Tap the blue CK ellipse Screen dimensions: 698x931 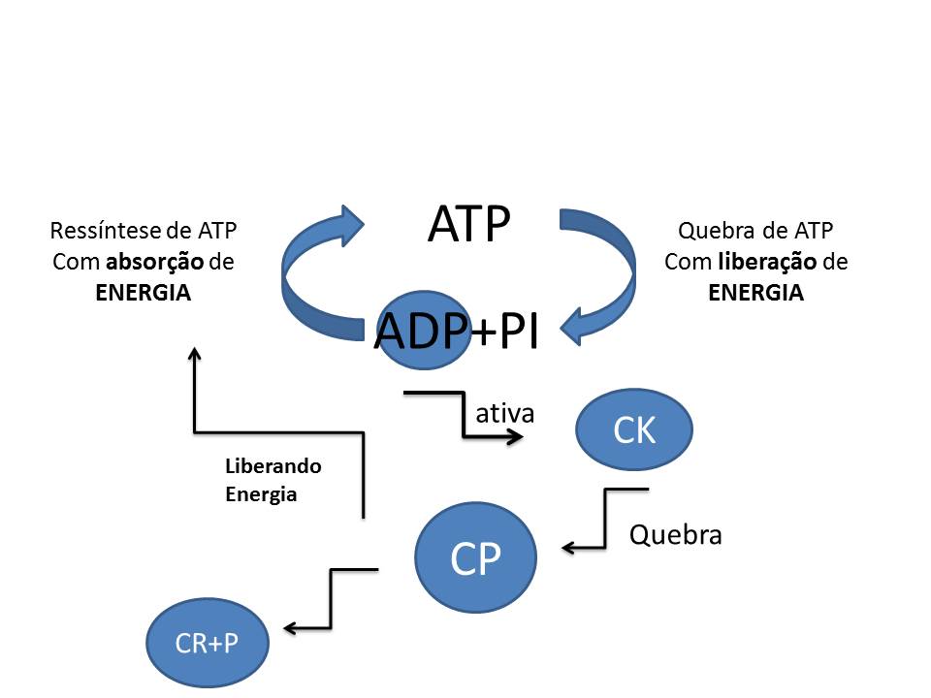point(634,430)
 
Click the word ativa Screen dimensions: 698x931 point(504,413)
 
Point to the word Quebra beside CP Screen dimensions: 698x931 point(675,534)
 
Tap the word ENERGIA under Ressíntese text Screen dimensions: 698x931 point(144,293)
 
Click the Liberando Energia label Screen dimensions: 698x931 point(273,480)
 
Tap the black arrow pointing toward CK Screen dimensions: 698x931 point(464,417)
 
